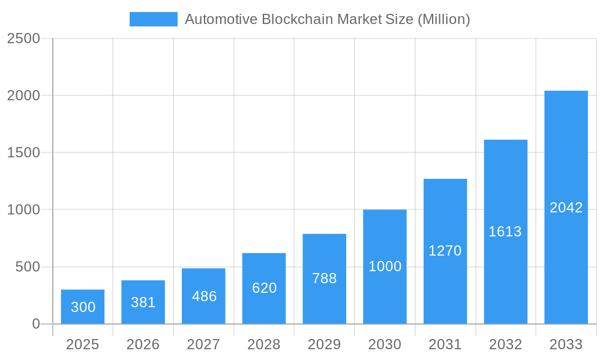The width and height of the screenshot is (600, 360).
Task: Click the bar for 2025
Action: pos(83,307)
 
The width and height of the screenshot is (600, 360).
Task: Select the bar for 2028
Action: pos(264,289)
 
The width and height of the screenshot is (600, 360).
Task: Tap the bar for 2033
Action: pos(566,207)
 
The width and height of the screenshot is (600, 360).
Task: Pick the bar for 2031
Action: pos(445,251)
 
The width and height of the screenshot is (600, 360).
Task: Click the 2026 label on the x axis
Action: pos(143,344)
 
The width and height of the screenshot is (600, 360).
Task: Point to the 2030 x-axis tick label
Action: pos(385,344)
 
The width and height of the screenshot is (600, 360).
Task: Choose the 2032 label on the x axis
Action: pos(505,344)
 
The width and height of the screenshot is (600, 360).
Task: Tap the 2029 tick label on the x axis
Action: pos(324,344)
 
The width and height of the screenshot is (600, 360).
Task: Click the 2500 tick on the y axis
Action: pos(23,38)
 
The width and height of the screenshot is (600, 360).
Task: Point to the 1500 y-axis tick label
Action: pos(23,152)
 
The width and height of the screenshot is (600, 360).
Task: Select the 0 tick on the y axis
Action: pos(35,324)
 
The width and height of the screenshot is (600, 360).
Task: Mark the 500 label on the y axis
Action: pos(28,266)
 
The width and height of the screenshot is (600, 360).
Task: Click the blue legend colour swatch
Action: pos(154,19)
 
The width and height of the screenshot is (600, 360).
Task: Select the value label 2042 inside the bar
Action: pos(566,208)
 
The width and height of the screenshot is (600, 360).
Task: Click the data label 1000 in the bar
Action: pos(385,266)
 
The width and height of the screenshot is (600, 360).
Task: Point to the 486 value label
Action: pos(204,296)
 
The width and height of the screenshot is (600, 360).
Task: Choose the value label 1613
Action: pos(505,232)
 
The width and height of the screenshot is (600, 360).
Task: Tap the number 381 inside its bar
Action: pos(143,302)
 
